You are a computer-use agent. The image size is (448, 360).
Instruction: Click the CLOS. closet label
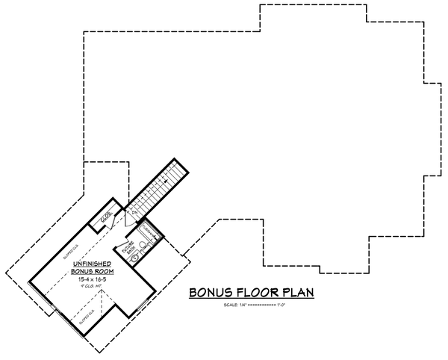coord(106,217)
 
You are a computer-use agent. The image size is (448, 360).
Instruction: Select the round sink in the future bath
coord(135,258)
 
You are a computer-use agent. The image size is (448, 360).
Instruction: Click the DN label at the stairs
coord(135,214)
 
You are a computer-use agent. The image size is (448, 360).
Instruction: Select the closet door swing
coord(112,224)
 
